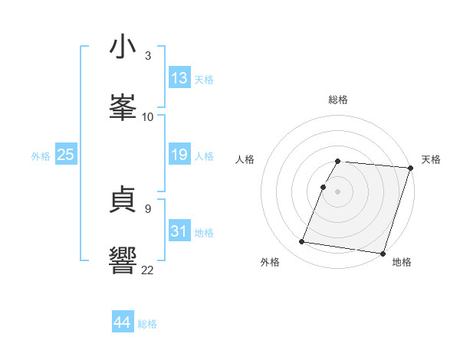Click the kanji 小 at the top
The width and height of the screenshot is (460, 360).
click(x=123, y=47)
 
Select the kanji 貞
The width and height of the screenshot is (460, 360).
click(x=123, y=201)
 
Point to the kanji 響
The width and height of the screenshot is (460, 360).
click(x=123, y=259)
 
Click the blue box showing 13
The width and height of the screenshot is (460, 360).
click(x=179, y=78)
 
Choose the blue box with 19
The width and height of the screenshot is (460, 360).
click(x=179, y=155)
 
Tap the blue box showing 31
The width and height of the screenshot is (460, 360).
click(x=179, y=231)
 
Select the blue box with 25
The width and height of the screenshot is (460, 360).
click(x=66, y=155)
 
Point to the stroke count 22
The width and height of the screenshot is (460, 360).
click(x=148, y=269)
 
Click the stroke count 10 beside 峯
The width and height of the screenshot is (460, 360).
click(x=148, y=116)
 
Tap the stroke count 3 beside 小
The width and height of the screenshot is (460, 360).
click(x=148, y=56)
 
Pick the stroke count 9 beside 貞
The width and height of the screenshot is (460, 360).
click(x=148, y=208)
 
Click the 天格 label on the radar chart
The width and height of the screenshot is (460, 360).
click(x=431, y=159)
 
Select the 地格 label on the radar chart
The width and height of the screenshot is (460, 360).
click(x=402, y=262)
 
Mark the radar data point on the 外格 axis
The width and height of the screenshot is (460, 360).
click(x=302, y=241)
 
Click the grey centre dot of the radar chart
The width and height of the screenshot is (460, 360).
click(x=338, y=191)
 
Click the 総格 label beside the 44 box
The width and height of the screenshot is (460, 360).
click(x=147, y=324)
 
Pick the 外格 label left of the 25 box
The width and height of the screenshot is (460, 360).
click(x=41, y=156)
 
